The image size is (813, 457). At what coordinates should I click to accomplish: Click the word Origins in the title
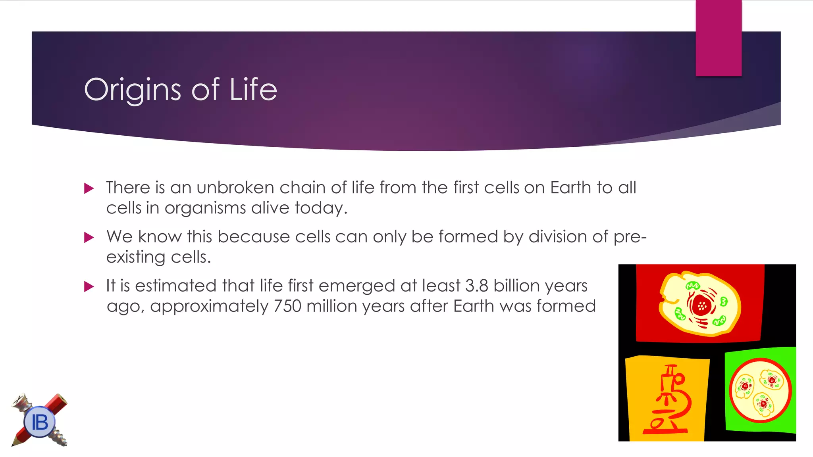tap(133, 90)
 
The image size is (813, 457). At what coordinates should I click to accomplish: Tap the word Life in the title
tap(253, 90)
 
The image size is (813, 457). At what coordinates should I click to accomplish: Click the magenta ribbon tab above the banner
tap(719, 38)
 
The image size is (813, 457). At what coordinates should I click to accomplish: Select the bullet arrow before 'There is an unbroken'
tap(89, 188)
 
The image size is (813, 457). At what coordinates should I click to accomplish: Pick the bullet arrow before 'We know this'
tap(89, 237)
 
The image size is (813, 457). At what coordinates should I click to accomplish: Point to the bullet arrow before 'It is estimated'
tap(89, 286)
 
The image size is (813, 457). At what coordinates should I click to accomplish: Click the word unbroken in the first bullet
tap(235, 187)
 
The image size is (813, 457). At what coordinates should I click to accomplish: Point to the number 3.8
tap(476, 286)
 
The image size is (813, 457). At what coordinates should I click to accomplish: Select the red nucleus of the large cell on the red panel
tap(701, 305)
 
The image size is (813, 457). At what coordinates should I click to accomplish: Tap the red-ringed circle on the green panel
tap(760, 390)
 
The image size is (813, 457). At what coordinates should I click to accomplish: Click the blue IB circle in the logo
tap(39, 422)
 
